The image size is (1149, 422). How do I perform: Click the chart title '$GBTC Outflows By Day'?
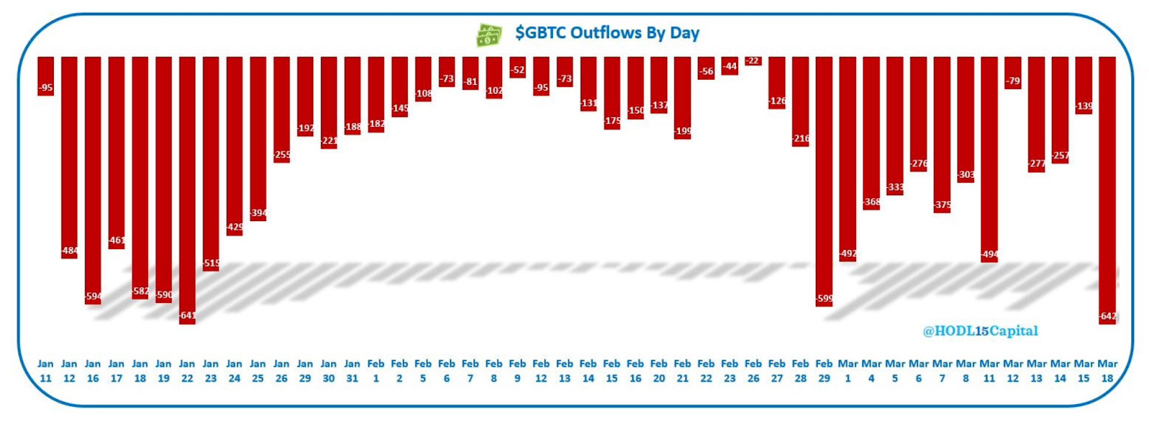coord(607,33)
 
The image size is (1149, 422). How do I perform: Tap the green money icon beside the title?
coord(489,34)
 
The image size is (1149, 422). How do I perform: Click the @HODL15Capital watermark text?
coord(980,331)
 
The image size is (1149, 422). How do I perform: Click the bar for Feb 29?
coord(824,179)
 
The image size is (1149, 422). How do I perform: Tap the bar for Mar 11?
coord(990,158)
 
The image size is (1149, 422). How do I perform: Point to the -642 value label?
coord(1107,316)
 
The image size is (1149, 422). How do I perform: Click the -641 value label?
coord(187,316)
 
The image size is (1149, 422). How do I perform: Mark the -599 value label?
coord(824,299)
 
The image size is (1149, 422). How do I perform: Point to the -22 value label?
coord(753,62)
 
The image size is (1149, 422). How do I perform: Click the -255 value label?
coord(282,155)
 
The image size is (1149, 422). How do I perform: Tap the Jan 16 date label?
coord(93,371)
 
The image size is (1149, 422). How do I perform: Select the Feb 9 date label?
coord(517,371)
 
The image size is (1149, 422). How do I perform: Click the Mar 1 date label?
coord(848,371)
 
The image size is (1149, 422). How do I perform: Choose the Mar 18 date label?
coord(1107,371)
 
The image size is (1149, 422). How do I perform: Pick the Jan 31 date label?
coord(352,371)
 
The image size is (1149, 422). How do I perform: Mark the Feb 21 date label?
coord(682,371)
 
